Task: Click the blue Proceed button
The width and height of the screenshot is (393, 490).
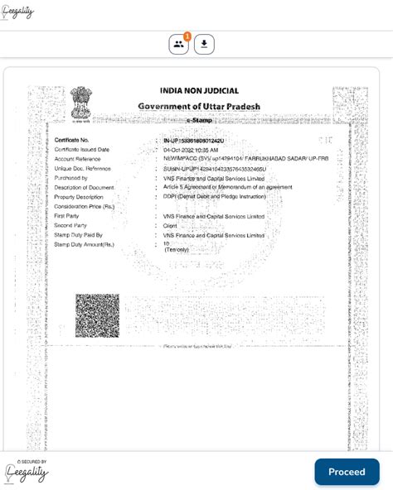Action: click(347, 472)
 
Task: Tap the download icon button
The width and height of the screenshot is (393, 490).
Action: click(204, 45)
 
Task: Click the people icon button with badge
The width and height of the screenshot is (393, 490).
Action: click(179, 45)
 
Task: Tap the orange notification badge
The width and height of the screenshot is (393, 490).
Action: click(187, 36)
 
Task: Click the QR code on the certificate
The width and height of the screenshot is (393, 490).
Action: click(97, 315)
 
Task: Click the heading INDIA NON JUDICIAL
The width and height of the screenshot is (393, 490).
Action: click(199, 91)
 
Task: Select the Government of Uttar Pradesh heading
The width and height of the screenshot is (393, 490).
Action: click(199, 107)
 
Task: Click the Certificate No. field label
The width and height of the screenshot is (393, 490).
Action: click(72, 141)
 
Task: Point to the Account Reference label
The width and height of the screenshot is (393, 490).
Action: click(78, 159)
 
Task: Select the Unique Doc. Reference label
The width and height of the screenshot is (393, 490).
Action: click(82, 168)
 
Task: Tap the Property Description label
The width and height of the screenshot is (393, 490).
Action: click(79, 197)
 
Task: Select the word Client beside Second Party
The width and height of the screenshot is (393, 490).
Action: click(171, 225)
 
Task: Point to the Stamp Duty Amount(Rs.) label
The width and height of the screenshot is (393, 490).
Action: click(85, 244)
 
